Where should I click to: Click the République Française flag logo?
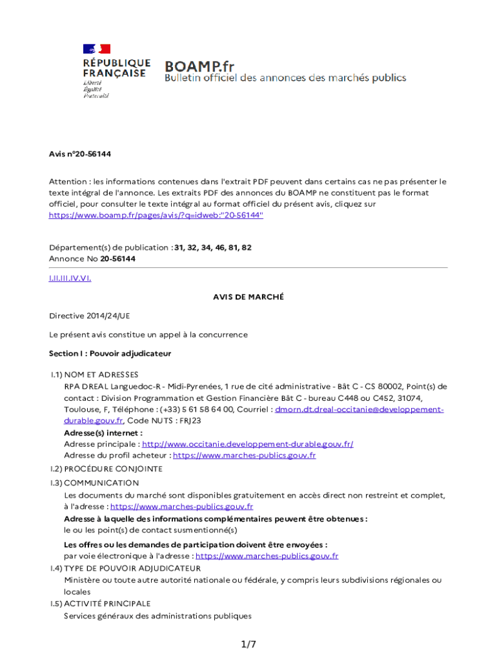[x=96, y=49]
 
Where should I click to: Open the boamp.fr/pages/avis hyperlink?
[x=156, y=215]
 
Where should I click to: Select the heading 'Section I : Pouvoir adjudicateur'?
[x=110, y=354]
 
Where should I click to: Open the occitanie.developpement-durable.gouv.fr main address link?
[x=247, y=444]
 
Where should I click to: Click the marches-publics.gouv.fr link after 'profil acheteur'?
[x=245, y=455]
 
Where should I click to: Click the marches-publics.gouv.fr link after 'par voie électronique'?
[x=267, y=556]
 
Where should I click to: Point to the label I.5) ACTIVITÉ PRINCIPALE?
[x=101, y=604]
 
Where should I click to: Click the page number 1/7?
[x=249, y=644]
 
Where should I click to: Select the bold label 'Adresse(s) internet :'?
[x=103, y=432]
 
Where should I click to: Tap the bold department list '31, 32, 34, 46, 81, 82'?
[x=213, y=247]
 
